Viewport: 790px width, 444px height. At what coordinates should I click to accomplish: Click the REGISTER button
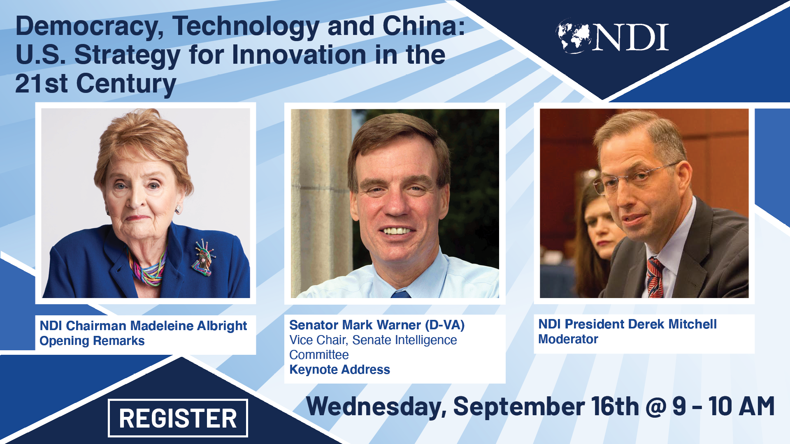[x=178, y=418]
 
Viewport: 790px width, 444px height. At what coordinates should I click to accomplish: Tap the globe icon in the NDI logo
[x=574, y=36]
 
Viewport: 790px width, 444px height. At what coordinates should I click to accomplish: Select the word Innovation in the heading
[x=299, y=55]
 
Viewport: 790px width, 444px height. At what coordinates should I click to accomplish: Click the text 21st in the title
[x=42, y=83]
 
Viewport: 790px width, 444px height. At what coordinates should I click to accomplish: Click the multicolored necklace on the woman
[x=146, y=269]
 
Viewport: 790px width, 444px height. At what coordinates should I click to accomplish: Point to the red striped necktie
[x=655, y=277]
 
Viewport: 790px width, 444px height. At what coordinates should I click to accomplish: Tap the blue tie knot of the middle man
[x=401, y=294]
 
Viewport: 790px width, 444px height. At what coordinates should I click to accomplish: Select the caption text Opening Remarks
[x=92, y=341]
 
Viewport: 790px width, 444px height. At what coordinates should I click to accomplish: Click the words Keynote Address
[x=339, y=370]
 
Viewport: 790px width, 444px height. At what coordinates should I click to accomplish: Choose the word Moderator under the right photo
[x=568, y=339]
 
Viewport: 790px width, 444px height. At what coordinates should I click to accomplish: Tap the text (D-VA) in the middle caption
[x=445, y=325]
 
